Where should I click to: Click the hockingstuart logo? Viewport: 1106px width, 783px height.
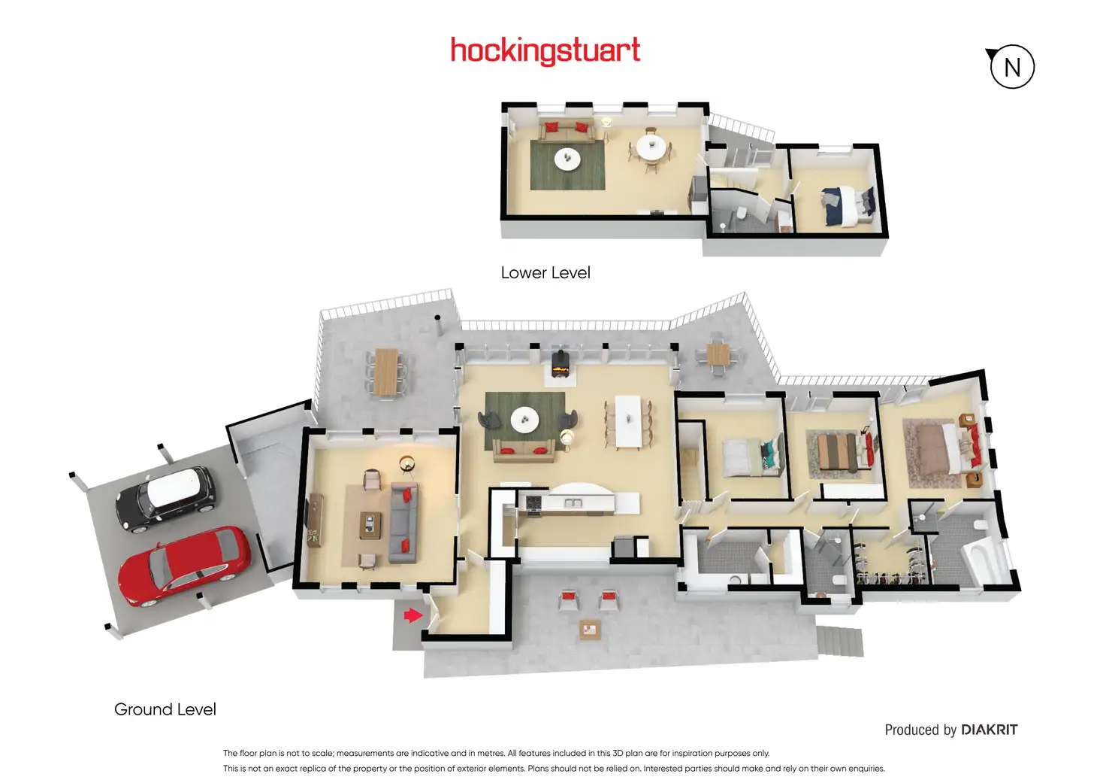click(545, 50)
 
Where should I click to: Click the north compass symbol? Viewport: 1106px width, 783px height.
click(1011, 67)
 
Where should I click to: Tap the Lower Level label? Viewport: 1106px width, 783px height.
click(545, 273)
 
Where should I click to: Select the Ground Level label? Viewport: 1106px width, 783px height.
click(165, 709)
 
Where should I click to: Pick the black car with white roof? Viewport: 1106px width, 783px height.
click(165, 498)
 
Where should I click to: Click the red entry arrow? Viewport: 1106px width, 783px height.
click(412, 616)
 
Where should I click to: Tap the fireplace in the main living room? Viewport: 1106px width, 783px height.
click(561, 364)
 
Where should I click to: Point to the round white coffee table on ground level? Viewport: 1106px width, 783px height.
click(524, 420)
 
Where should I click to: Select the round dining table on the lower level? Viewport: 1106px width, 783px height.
click(651, 147)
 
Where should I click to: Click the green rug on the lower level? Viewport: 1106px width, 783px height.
click(567, 165)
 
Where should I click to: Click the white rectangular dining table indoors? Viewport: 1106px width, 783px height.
click(627, 420)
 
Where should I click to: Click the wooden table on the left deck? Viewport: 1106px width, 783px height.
click(386, 371)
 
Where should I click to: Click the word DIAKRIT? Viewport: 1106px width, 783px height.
click(989, 730)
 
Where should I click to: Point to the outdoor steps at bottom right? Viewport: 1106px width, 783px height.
click(839, 642)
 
